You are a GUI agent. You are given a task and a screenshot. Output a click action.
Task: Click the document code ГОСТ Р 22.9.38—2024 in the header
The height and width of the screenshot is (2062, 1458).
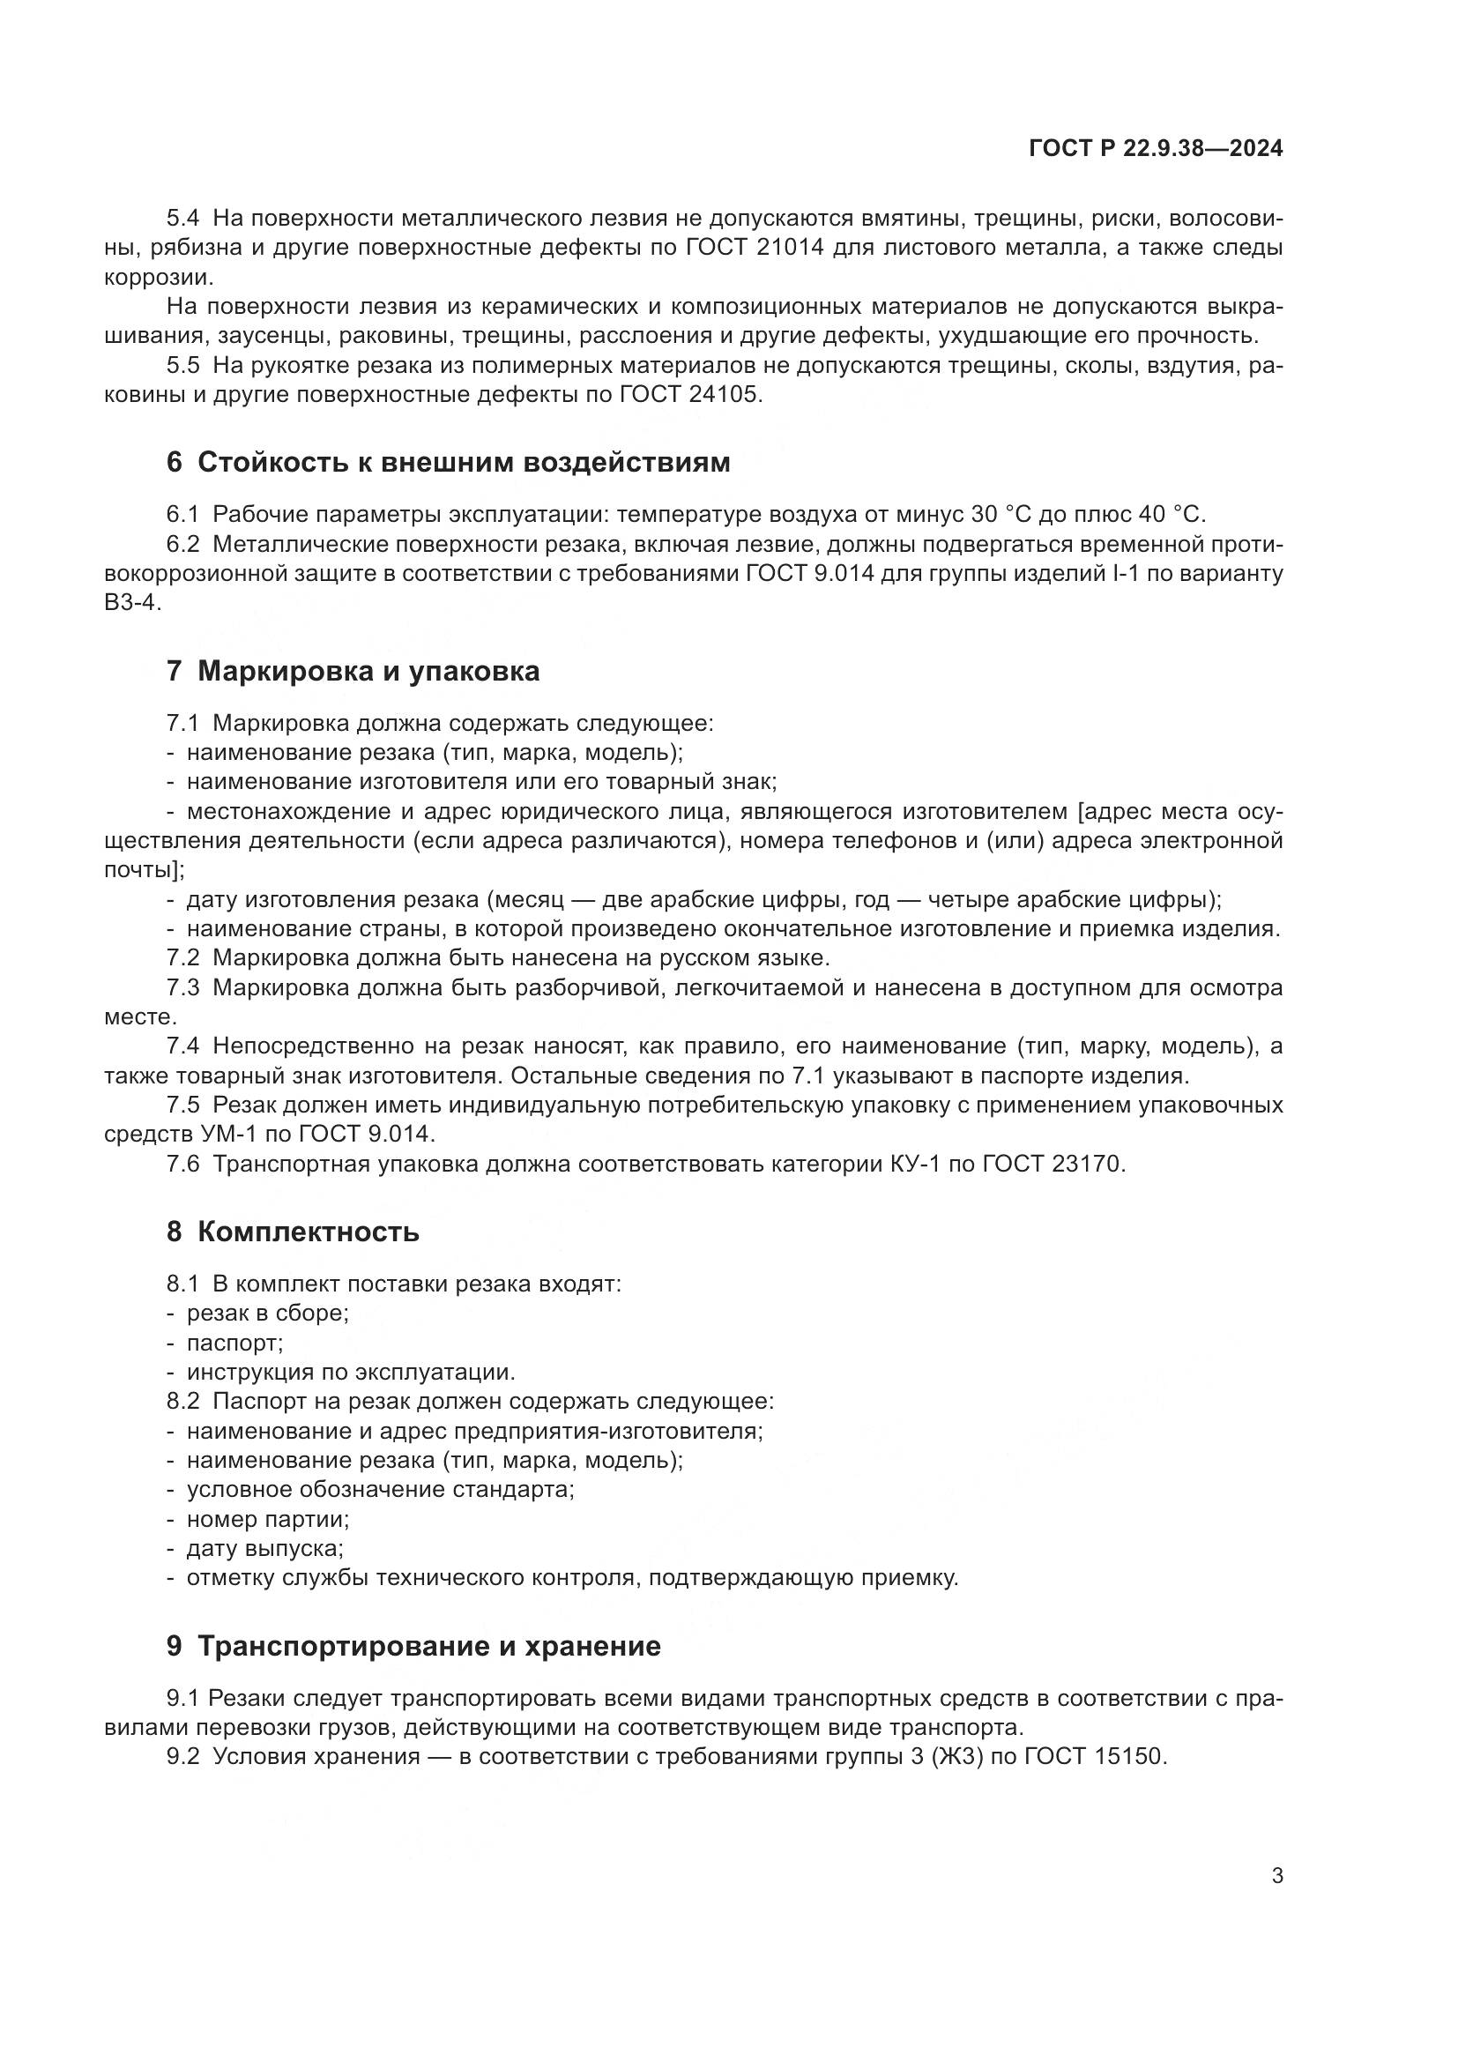1156,149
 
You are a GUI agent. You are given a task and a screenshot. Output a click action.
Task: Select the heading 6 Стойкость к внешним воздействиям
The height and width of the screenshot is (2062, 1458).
448,463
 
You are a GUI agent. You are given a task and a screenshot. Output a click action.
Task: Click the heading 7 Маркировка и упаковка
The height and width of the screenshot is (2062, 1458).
353,671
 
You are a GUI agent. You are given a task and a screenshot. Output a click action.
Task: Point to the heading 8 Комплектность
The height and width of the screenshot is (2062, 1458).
293,1232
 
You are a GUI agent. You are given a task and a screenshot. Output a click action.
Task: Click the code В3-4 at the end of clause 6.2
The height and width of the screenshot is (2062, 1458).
133,603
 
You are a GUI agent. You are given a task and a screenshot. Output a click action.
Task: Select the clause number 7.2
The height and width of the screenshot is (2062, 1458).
183,957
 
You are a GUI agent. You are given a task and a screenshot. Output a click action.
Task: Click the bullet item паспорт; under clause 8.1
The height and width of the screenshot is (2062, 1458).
235,1343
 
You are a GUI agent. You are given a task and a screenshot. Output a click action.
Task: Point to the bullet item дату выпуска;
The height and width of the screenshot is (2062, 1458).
264,1548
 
